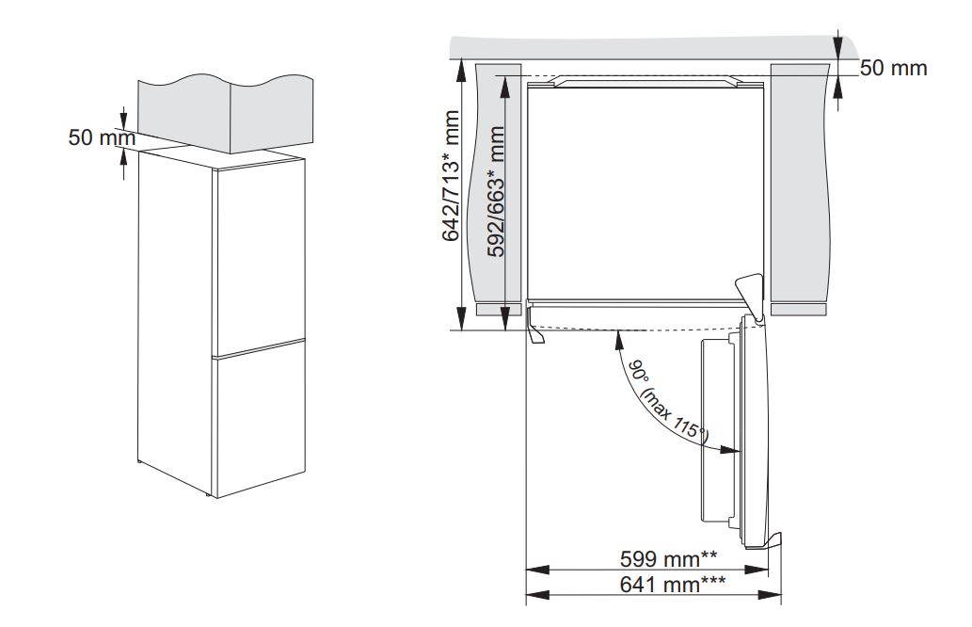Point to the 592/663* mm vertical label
point(495,193)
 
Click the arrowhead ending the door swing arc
point(732,449)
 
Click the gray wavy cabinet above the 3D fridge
point(221,108)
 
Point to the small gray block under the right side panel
point(798,308)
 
